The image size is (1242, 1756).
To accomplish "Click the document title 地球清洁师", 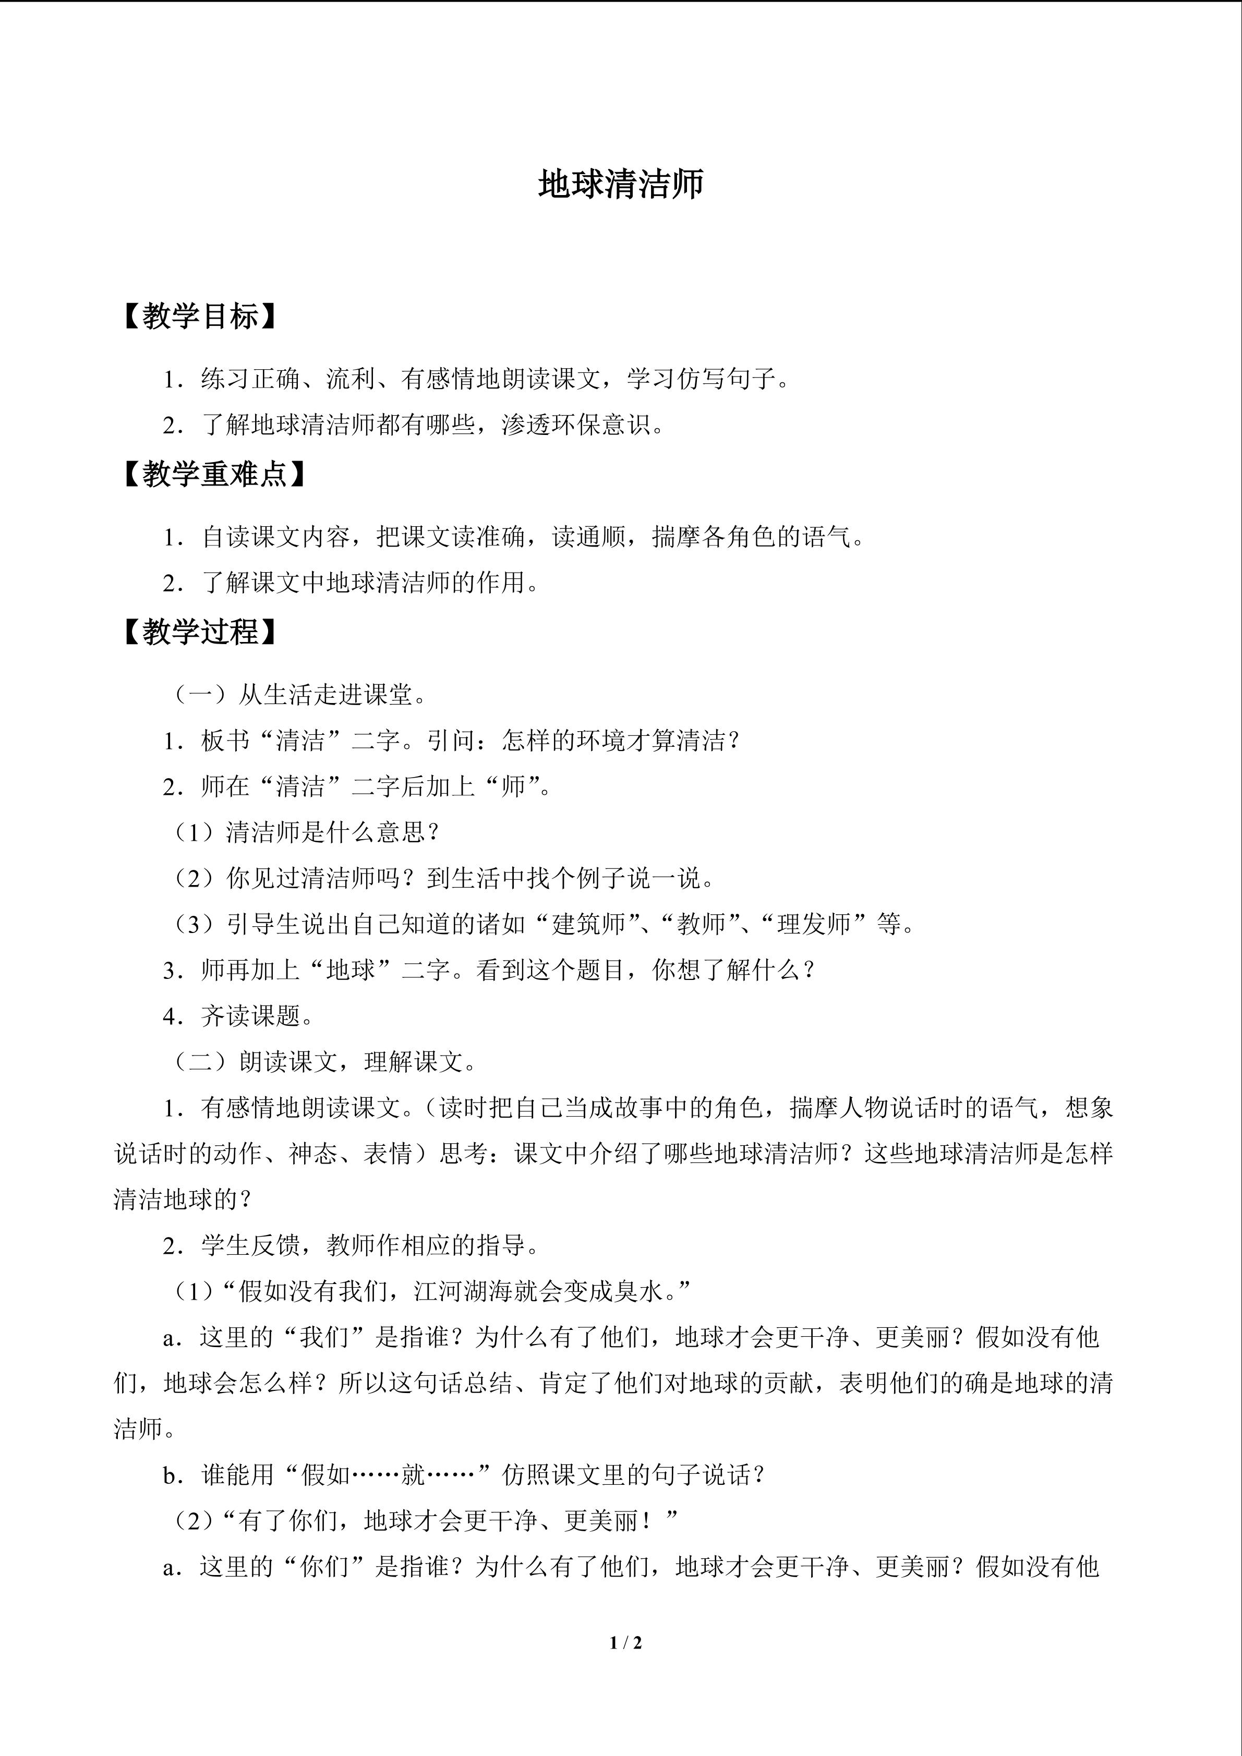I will click(620, 184).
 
